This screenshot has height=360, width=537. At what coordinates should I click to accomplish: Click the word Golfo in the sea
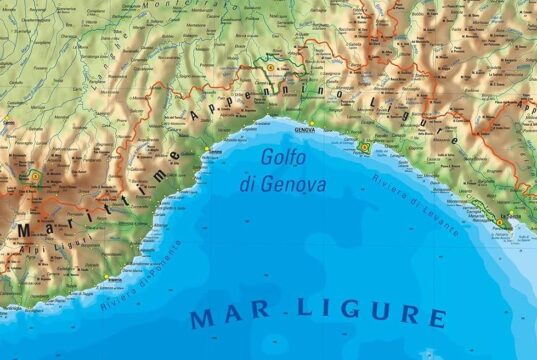click(283, 159)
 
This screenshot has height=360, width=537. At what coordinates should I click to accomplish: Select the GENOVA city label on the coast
click(304, 129)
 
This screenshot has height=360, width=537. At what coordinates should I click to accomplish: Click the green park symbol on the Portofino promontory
click(364, 148)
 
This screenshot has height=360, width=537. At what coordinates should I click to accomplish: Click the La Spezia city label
click(516, 222)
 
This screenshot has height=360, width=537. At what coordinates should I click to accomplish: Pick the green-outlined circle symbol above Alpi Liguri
click(36, 177)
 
